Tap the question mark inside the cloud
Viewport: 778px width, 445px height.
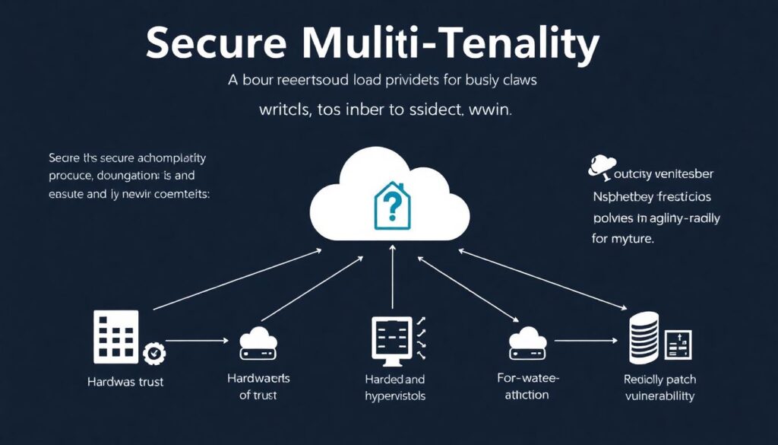393,203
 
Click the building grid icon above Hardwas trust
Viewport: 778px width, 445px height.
115,335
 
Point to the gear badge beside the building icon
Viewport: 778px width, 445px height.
154,353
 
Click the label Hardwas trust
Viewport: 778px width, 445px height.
125,382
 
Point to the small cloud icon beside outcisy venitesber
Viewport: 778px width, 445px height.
602,167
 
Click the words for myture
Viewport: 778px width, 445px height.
623,239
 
